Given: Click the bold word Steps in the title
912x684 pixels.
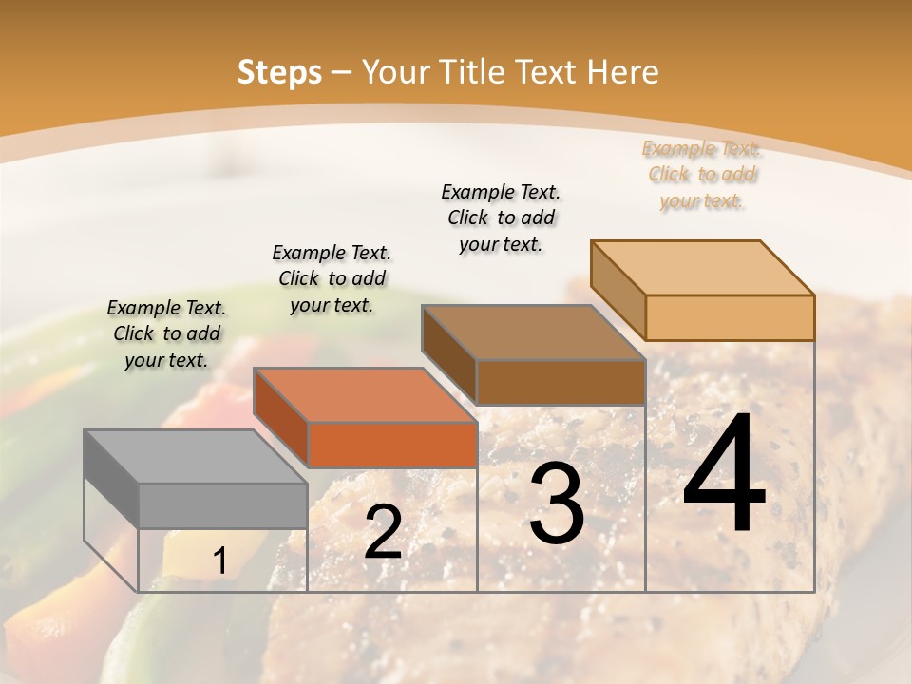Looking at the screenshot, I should click(279, 72).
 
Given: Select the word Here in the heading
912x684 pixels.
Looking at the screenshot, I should click(622, 72).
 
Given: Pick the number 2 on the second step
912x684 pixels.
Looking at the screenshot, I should click(383, 533).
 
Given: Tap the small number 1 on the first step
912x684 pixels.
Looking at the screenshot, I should click(219, 561).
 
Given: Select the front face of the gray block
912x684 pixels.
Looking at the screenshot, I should click(223, 505).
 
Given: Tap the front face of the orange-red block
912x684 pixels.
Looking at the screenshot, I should click(392, 445).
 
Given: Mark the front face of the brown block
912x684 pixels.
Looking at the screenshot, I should click(560, 382).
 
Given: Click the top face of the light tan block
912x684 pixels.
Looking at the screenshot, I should click(703, 267).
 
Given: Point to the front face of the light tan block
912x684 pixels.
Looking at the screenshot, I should click(730, 317).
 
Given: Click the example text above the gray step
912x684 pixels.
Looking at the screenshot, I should click(166, 334).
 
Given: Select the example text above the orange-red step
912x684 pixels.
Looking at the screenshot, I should click(332, 278).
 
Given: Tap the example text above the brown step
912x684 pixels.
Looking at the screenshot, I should click(501, 218).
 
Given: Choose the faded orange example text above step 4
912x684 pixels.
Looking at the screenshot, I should click(701, 175).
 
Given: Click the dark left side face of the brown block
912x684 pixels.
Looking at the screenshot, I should click(448, 355).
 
